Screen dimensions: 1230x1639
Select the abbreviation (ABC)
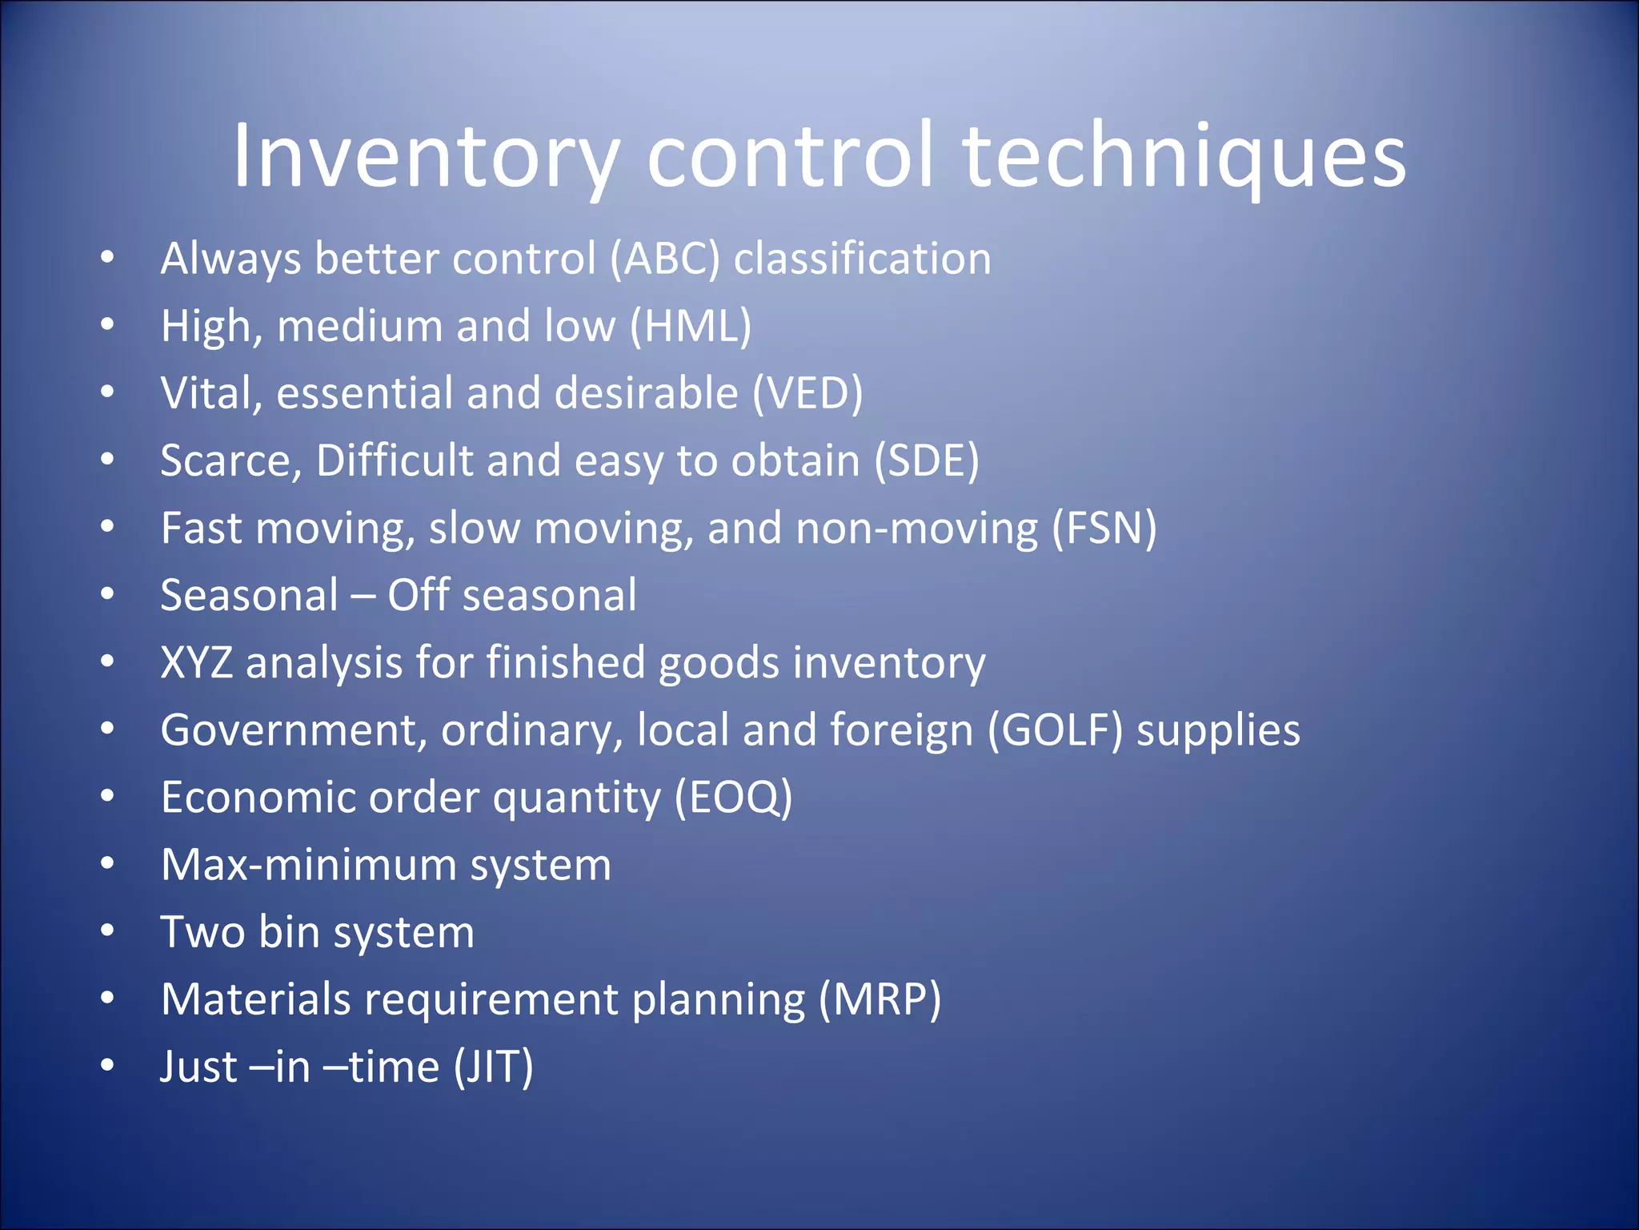pyautogui.click(x=665, y=259)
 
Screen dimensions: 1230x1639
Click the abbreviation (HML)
pyautogui.click(x=691, y=326)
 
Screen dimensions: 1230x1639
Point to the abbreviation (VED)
pyautogui.click(x=807, y=393)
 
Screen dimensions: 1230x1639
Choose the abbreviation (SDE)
pyautogui.click(x=926, y=460)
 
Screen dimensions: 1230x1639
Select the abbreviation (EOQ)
pyautogui.click(x=733, y=798)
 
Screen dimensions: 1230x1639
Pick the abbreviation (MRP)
pyautogui.click(x=880, y=999)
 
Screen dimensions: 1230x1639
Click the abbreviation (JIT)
pyautogui.click(x=493, y=1067)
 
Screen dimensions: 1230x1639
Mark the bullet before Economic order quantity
pyautogui.click(x=108, y=798)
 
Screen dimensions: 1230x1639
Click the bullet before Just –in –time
pyautogui.click(x=108, y=1067)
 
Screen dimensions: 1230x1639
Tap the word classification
pyautogui.click(x=862, y=259)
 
